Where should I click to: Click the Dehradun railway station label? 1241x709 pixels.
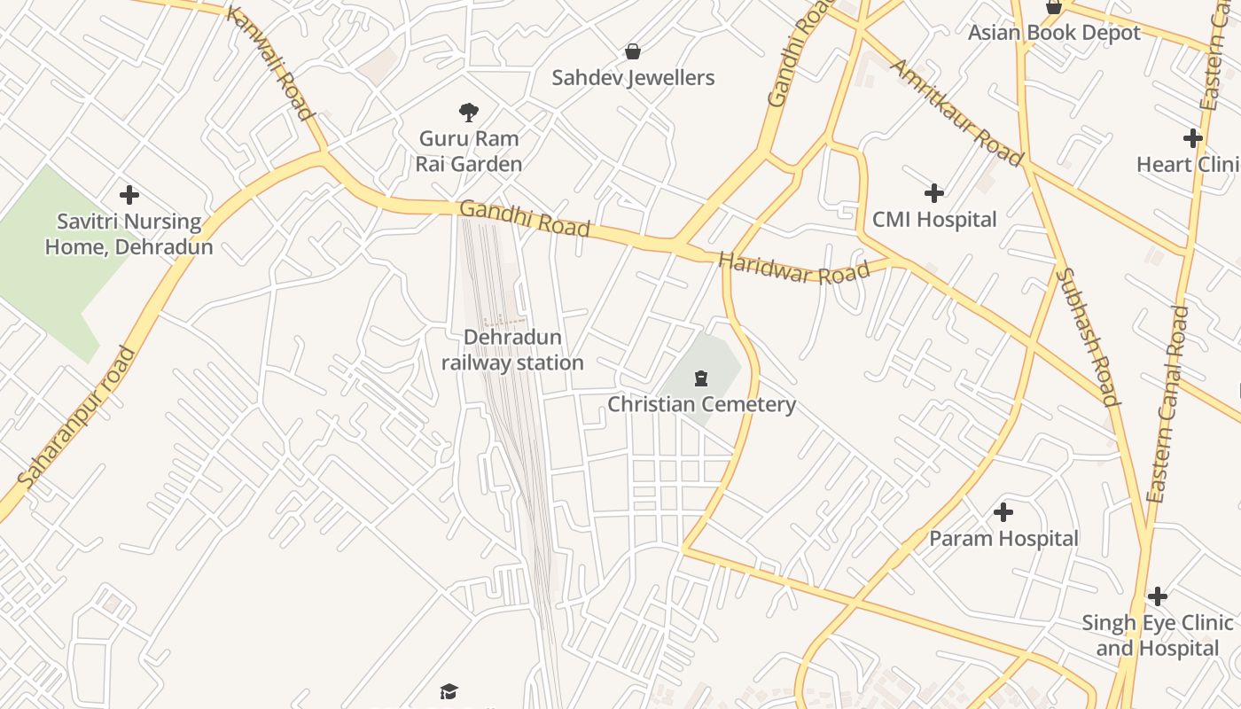[512, 350]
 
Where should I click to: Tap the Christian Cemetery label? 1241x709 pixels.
[701, 405]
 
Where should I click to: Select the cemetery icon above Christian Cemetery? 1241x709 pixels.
[701, 379]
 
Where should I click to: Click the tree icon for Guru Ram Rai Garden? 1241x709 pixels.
[469, 113]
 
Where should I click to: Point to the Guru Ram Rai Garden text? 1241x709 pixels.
[469, 152]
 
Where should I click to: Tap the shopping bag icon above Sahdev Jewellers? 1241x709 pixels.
[633, 51]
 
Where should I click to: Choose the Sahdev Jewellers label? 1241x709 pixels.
[633, 78]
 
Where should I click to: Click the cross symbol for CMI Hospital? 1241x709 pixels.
[933, 193]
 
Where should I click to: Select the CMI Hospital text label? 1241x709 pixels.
[934, 220]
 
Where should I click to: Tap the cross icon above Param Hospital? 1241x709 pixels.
[1003, 512]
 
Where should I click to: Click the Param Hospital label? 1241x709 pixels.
[1003, 539]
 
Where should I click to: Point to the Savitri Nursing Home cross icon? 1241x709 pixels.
[129, 195]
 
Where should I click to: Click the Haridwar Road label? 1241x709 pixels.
[793, 269]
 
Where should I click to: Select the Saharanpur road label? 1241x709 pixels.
[78, 417]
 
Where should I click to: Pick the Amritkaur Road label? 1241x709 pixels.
[956, 113]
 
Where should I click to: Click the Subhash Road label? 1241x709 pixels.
[1088, 337]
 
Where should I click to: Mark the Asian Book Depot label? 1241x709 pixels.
[1054, 33]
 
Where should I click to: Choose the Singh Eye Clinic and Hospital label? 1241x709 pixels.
[1158, 635]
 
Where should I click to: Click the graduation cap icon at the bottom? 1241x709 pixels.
[449, 691]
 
